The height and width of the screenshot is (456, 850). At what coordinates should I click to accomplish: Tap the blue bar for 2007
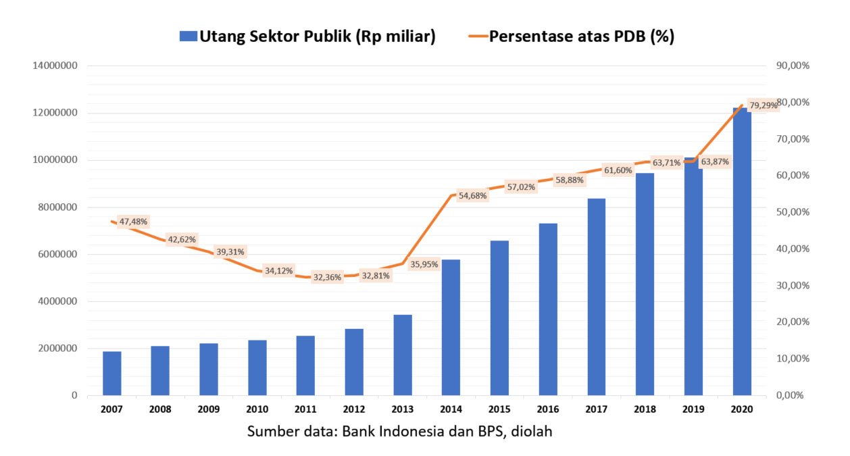tap(112, 373)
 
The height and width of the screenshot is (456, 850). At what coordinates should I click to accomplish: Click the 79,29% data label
tap(763, 105)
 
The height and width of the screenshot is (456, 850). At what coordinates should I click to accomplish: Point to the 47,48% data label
tap(133, 222)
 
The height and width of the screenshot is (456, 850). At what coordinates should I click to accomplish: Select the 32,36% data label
tap(327, 277)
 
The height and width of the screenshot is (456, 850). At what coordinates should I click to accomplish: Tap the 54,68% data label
tap(472, 196)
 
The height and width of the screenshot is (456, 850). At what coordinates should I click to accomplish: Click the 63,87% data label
tap(714, 162)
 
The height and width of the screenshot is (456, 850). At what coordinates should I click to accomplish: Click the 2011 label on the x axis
tap(306, 409)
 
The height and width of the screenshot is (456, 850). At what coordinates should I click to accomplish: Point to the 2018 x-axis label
tap(645, 409)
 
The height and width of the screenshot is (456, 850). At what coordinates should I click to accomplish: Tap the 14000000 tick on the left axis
tap(53, 66)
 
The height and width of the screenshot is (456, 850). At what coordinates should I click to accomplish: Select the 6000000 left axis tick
tap(56, 254)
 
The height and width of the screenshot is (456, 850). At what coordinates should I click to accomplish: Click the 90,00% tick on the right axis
tap(793, 66)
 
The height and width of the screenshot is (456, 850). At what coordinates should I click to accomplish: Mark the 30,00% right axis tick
tap(793, 285)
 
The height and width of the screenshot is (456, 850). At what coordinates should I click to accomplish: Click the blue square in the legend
tap(188, 36)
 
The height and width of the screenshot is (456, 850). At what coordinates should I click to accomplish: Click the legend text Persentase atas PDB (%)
tap(582, 36)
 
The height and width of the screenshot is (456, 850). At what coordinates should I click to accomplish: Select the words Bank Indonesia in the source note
tap(389, 431)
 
